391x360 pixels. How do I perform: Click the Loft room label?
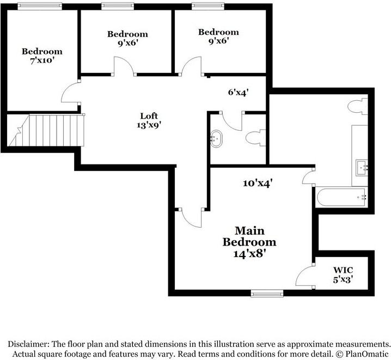(x=149, y=116)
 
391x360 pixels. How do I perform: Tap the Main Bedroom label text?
(x=249, y=236)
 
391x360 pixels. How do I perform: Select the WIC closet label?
(x=343, y=270)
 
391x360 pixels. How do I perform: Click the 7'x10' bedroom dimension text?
(x=42, y=60)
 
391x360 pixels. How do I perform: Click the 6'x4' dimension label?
(x=239, y=93)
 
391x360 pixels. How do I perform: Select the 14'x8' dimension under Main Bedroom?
(x=249, y=254)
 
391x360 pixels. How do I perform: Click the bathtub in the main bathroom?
(x=341, y=197)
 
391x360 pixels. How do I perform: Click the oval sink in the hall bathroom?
(x=216, y=139)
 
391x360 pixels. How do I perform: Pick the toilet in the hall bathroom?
(x=255, y=138)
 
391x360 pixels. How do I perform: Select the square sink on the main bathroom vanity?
(x=362, y=168)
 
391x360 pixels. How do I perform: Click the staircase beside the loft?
(x=47, y=130)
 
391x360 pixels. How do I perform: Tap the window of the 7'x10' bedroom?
(x=40, y=6)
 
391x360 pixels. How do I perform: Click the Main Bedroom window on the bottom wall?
(x=267, y=294)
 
